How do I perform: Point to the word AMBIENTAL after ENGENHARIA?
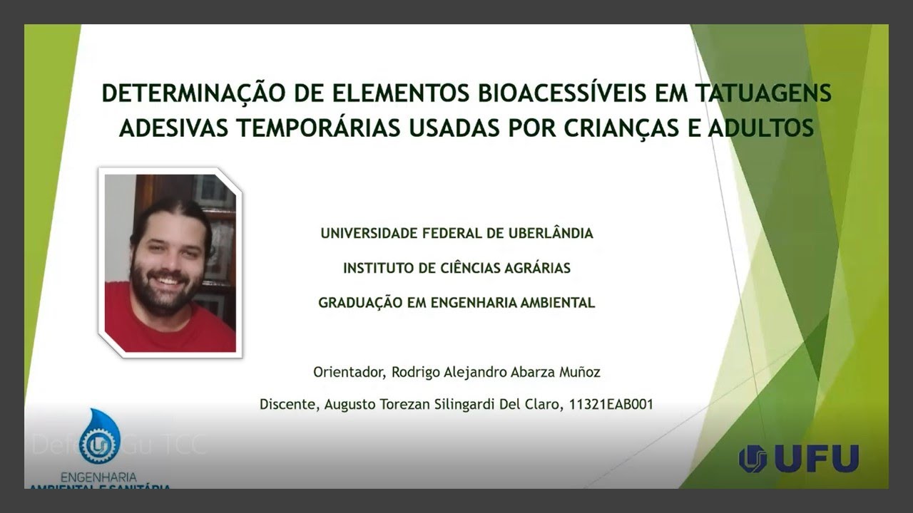553,302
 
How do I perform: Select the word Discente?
288,405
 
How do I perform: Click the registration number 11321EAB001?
611,405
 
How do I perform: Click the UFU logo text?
816,459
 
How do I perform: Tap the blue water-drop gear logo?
99,439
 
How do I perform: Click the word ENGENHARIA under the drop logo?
99,476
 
